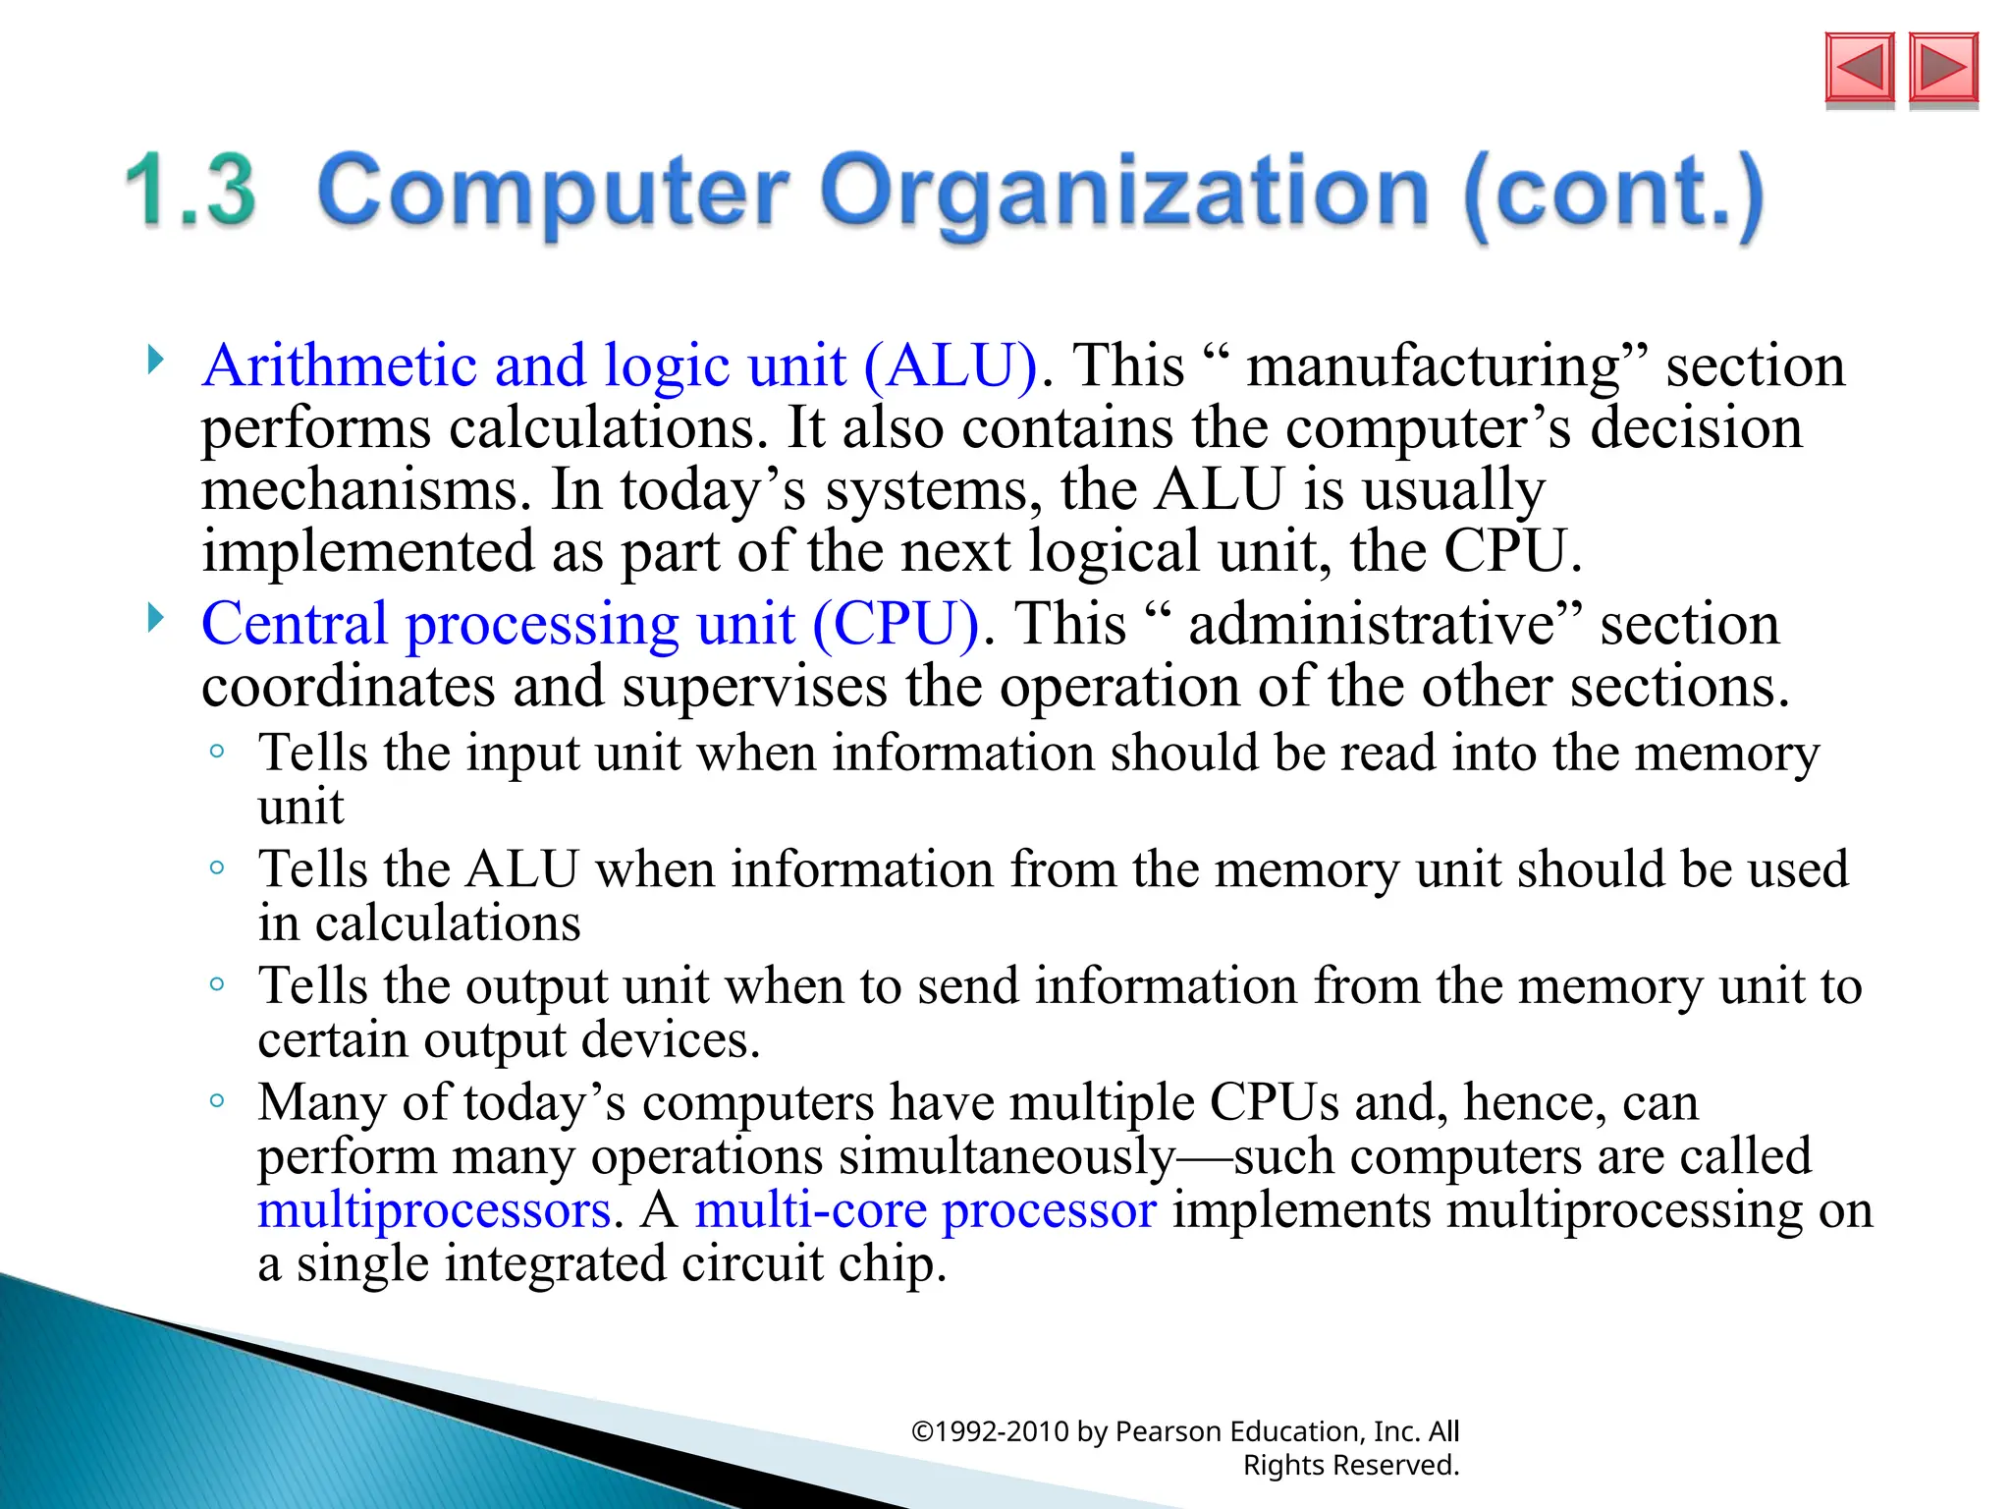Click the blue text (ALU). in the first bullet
tap(951, 365)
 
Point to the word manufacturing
tap(1433, 365)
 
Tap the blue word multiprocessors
tap(435, 1209)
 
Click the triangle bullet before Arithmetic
tap(155, 360)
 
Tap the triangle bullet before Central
tap(155, 618)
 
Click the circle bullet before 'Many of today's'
tap(217, 1100)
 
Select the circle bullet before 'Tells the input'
tap(217, 752)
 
